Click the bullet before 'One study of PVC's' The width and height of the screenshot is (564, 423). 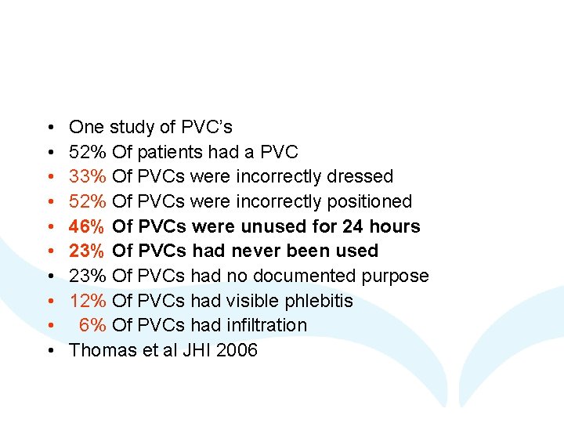point(50,127)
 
